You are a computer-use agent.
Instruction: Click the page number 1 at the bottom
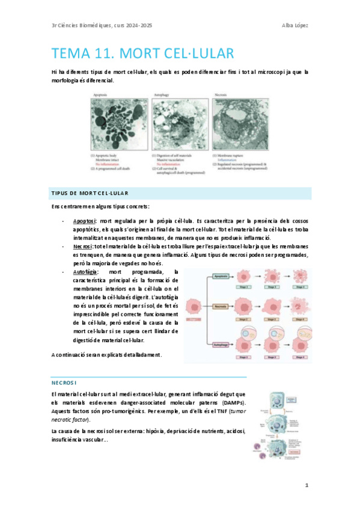306,484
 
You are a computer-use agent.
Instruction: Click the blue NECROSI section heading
64,382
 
